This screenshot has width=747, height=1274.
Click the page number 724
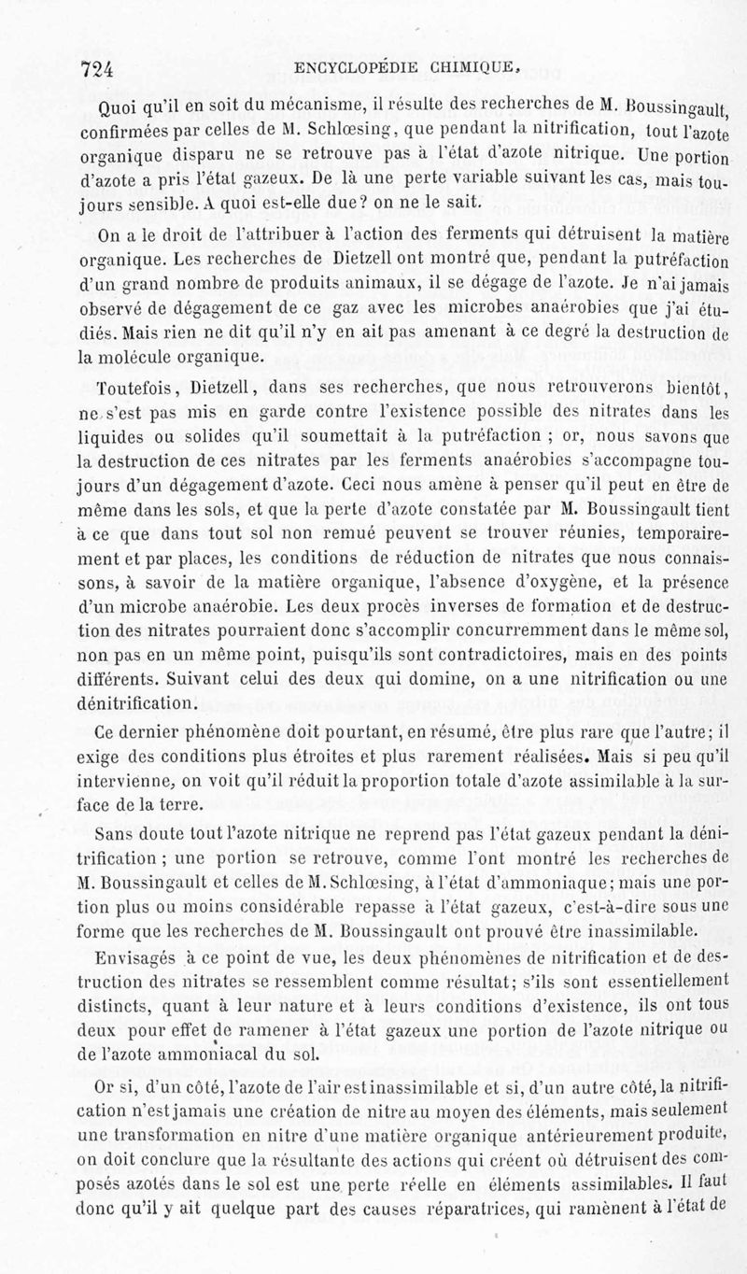click(97, 67)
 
